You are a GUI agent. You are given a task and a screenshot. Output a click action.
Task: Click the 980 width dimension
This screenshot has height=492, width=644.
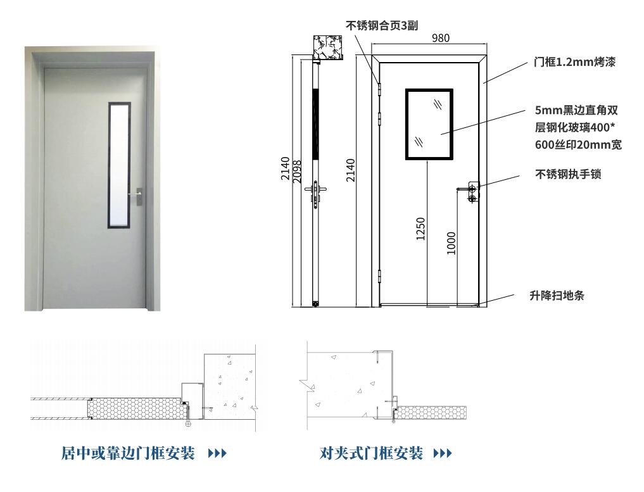440,38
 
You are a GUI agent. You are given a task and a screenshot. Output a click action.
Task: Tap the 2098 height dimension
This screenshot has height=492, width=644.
297,171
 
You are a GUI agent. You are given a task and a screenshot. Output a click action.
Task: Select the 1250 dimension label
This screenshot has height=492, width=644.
420,229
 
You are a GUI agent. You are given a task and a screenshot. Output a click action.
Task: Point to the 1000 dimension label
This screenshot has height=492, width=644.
451,243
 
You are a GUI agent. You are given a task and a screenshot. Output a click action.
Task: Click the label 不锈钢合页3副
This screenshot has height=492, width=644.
382,26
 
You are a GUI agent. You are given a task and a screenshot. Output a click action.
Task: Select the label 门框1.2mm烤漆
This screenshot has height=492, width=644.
574,62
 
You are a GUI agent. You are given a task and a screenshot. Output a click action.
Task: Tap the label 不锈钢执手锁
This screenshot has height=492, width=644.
568,174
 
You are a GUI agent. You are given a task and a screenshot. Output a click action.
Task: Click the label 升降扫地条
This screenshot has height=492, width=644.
557,296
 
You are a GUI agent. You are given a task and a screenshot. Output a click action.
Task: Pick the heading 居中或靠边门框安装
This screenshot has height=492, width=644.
128,453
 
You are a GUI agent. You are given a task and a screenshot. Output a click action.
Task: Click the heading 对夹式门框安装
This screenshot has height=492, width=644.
371,453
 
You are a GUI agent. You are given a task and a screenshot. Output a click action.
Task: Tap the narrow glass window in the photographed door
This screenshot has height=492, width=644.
119,165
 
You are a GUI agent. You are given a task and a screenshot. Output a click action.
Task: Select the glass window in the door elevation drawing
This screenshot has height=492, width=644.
429,124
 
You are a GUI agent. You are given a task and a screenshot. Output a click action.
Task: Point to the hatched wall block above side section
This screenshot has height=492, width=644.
327,47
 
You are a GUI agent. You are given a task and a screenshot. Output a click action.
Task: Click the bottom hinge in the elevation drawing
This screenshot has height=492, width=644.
379,275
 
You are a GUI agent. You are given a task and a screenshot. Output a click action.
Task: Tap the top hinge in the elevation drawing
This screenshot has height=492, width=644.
379,89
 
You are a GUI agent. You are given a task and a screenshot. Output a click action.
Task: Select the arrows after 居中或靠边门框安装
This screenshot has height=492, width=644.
217,453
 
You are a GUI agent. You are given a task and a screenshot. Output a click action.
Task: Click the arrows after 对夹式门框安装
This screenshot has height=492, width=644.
443,453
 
